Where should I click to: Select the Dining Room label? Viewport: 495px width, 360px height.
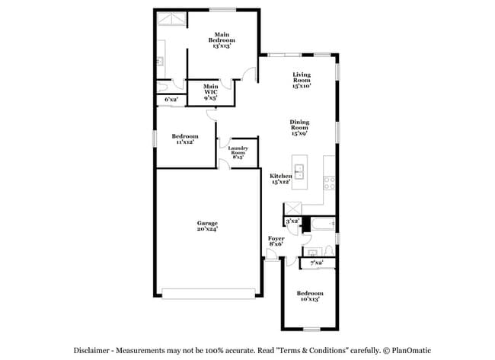click(299, 129)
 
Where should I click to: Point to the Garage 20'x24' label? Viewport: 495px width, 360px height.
click(208, 227)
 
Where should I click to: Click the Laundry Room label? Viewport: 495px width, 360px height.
click(238, 152)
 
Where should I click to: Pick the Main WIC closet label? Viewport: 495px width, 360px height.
click(211, 93)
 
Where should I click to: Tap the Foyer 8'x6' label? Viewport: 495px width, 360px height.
click(276, 241)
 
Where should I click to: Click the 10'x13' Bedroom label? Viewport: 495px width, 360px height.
click(309, 296)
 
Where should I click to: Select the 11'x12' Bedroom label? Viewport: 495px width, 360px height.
click(185, 139)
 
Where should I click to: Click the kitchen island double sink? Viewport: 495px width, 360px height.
click(299, 172)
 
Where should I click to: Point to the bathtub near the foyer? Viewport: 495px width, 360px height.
click(318, 225)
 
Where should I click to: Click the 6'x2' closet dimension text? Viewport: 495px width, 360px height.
click(171, 100)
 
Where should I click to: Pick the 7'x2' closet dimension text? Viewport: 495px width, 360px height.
click(316, 263)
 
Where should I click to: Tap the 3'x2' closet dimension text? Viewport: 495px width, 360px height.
click(292, 221)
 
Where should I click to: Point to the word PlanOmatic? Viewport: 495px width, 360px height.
click(407, 350)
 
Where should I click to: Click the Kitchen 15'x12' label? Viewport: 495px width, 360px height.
click(281, 179)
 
